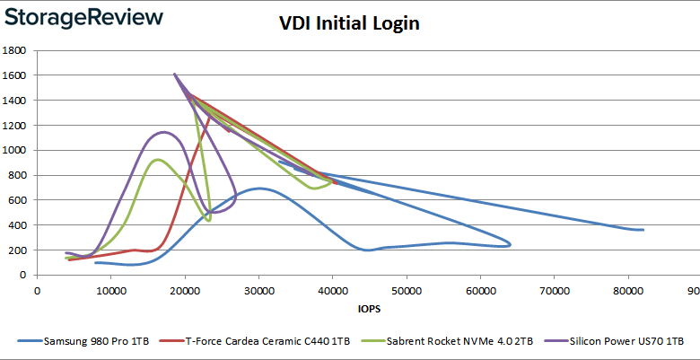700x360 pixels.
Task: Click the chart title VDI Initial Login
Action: (348, 24)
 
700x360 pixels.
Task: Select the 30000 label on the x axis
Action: (258, 291)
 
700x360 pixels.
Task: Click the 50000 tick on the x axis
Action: (407, 291)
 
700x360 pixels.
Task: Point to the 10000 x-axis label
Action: (110, 291)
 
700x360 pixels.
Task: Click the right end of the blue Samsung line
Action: (643, 230)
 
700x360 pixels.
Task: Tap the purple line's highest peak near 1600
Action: (174, 75)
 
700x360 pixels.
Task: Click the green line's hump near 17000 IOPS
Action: (158, 160)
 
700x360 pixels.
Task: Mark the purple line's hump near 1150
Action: (162, 132)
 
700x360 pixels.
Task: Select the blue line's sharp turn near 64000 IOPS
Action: (510, 243)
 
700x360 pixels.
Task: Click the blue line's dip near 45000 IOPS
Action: (369, 250)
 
